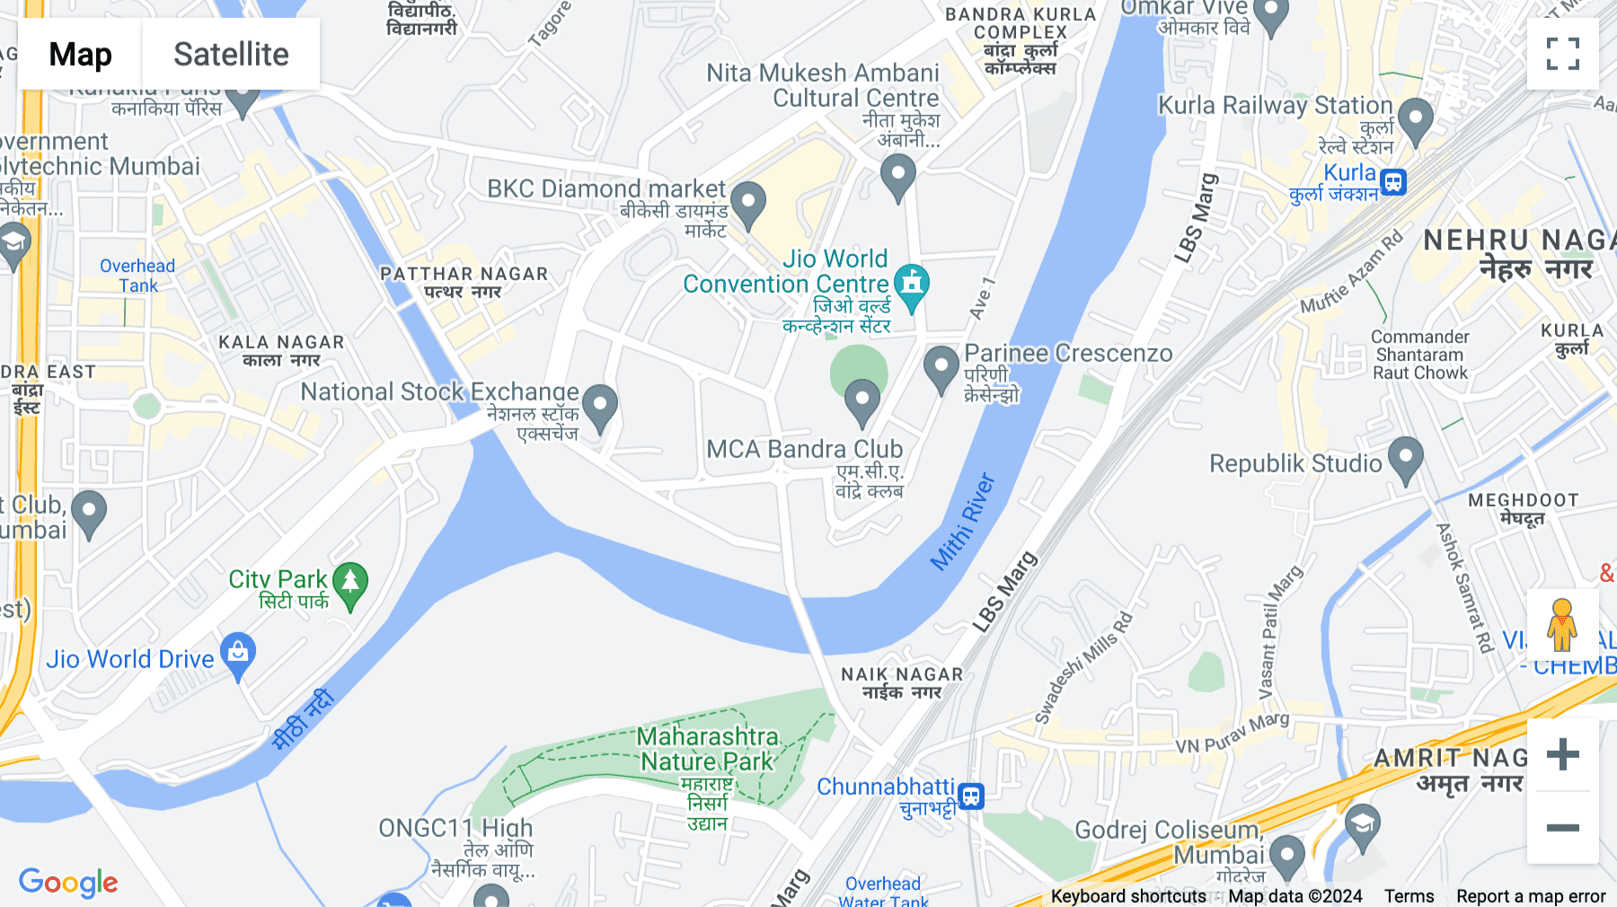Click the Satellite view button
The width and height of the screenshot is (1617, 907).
231,54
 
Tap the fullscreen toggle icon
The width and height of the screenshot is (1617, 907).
1562,54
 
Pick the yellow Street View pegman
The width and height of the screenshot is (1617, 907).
1562,625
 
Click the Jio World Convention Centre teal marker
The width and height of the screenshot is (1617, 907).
912,286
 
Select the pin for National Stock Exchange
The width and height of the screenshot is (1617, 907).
599,407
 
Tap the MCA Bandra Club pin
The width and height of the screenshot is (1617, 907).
862,401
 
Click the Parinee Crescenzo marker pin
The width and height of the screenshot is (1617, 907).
941,368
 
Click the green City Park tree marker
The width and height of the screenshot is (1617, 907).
350,584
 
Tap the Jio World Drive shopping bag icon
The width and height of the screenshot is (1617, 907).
238,654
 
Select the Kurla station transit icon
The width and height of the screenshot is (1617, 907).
1392,182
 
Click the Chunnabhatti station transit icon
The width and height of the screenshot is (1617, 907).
971,796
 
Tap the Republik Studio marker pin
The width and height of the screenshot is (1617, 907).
1405,459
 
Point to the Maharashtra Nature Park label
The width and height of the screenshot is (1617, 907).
707,749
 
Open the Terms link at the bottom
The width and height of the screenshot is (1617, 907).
1409,896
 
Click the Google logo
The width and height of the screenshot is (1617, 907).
68,882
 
